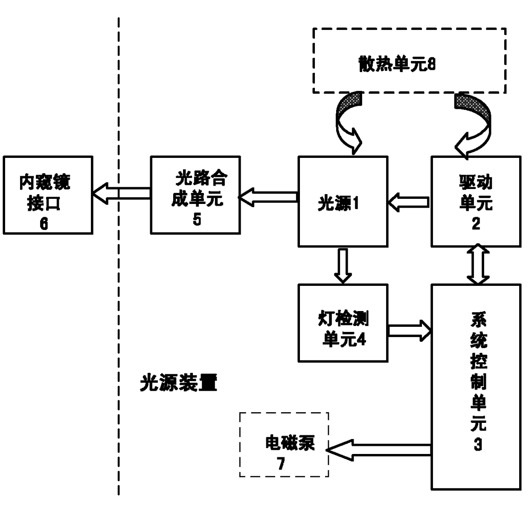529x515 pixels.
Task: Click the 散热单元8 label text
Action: coord(397,64)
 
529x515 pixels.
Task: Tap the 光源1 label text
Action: coord(338,204)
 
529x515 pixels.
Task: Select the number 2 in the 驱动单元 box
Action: coord(476,224)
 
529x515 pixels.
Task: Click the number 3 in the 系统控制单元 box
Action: coord(478,445)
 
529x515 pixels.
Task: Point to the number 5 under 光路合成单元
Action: coord(197,219)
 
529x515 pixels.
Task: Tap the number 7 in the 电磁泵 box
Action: coord(281,463)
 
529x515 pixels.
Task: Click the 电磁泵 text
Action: coord(290,443)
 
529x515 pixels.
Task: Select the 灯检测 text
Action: coord(343,319)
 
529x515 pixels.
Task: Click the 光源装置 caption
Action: coord(179,383)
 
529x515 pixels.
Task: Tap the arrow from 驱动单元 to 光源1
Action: coord(409,202)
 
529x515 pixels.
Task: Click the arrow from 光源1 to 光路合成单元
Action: coord(268,197)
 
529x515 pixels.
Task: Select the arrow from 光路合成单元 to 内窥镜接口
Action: coord(121,193)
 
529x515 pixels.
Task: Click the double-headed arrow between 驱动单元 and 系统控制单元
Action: coord(478,264)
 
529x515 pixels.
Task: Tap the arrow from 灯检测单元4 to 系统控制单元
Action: coord(410,331)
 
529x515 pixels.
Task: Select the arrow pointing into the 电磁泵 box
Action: coord(378,450)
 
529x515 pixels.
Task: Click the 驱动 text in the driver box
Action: coord(476,182)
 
